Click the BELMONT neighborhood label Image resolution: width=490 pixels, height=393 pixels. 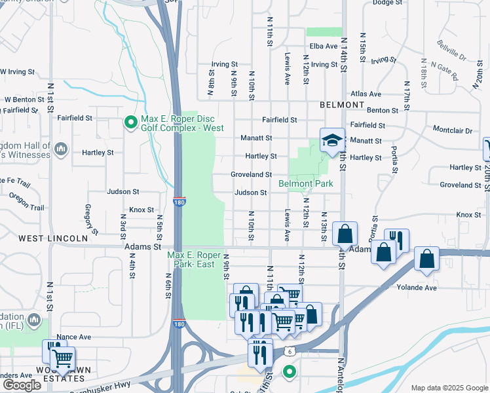point(341,105)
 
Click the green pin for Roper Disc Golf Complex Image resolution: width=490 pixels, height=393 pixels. point(130,121)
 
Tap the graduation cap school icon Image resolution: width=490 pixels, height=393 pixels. point(332,140)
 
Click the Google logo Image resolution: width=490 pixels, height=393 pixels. point(22,385)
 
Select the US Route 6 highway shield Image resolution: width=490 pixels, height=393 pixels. point(288,352)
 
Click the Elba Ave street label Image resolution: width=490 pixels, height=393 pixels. point(324,47)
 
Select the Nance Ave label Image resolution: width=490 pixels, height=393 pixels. point(74,337)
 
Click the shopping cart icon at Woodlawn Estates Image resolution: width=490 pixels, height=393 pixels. point(62,360)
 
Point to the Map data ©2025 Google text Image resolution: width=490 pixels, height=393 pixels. point(449,388)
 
